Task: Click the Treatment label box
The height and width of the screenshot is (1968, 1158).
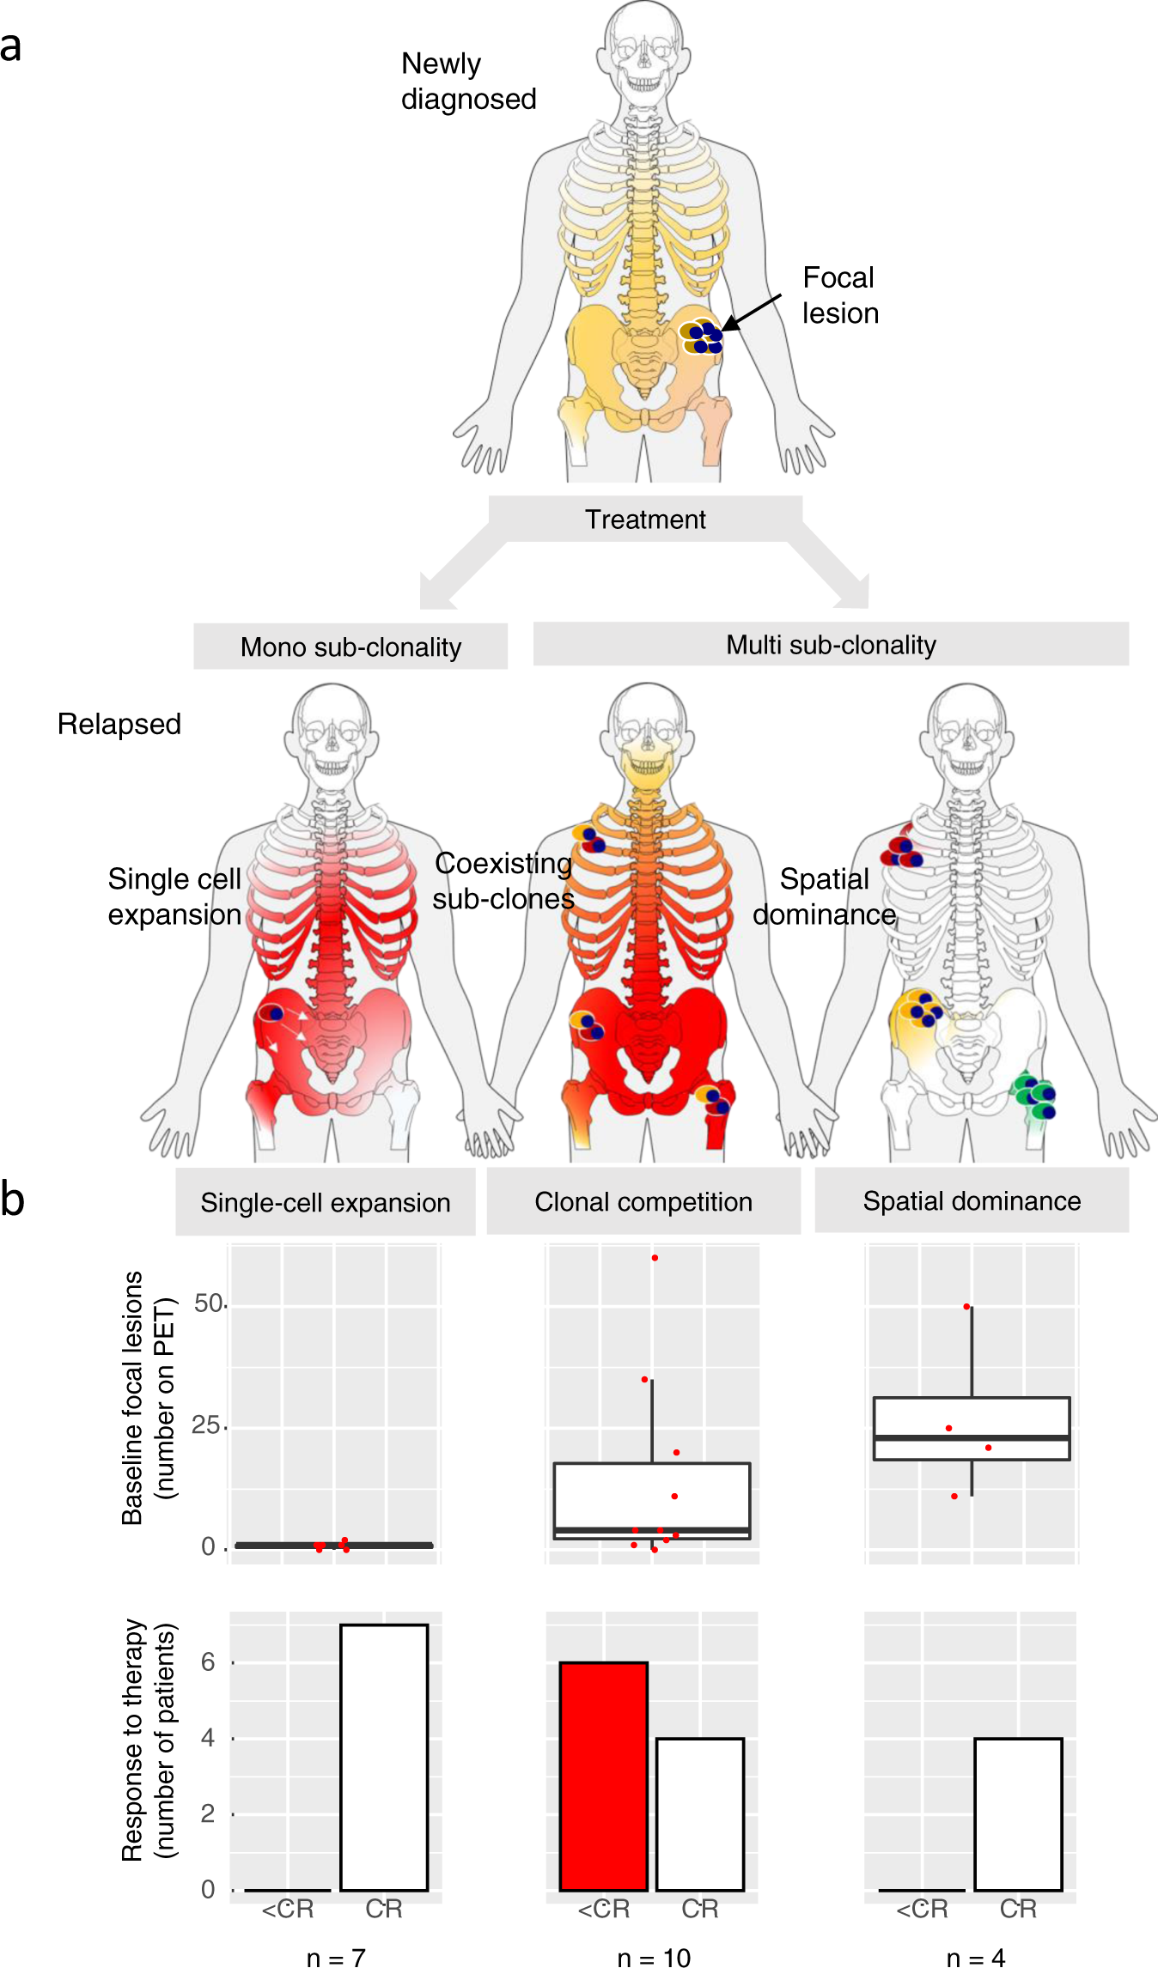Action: pos(645,519)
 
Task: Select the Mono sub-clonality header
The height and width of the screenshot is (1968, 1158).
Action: pos(350,647)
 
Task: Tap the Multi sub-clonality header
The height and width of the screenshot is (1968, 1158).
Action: pos(831,645)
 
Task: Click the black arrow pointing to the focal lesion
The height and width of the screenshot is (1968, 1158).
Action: pos(752,312)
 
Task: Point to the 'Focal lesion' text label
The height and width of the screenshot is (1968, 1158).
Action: pos(840,295)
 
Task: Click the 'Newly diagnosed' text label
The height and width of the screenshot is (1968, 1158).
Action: pos(468,82)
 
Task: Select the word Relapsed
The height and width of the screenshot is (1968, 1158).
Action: pos(119,724)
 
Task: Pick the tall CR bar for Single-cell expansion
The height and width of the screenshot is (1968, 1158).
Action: pos(384,1757)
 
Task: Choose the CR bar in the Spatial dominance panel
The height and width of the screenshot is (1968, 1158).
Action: pos(1018,1813)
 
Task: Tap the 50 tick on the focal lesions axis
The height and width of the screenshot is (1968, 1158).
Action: pos(209,1303)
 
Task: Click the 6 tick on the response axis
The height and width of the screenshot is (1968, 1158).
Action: pos(208,1662)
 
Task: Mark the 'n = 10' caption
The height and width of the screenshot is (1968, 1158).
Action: pos(654,1957)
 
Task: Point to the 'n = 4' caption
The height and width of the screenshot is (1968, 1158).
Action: pos(975,1957)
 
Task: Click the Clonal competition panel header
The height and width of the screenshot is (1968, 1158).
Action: pos(643,1201)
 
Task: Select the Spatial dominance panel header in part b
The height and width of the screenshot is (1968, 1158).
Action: pos(972,1200)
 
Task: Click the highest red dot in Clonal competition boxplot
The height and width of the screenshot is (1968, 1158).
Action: pos(655,1258)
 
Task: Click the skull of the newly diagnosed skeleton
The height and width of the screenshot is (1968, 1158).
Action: pos(644,47)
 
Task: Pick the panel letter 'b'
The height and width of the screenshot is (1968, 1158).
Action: pos(12,1199)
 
